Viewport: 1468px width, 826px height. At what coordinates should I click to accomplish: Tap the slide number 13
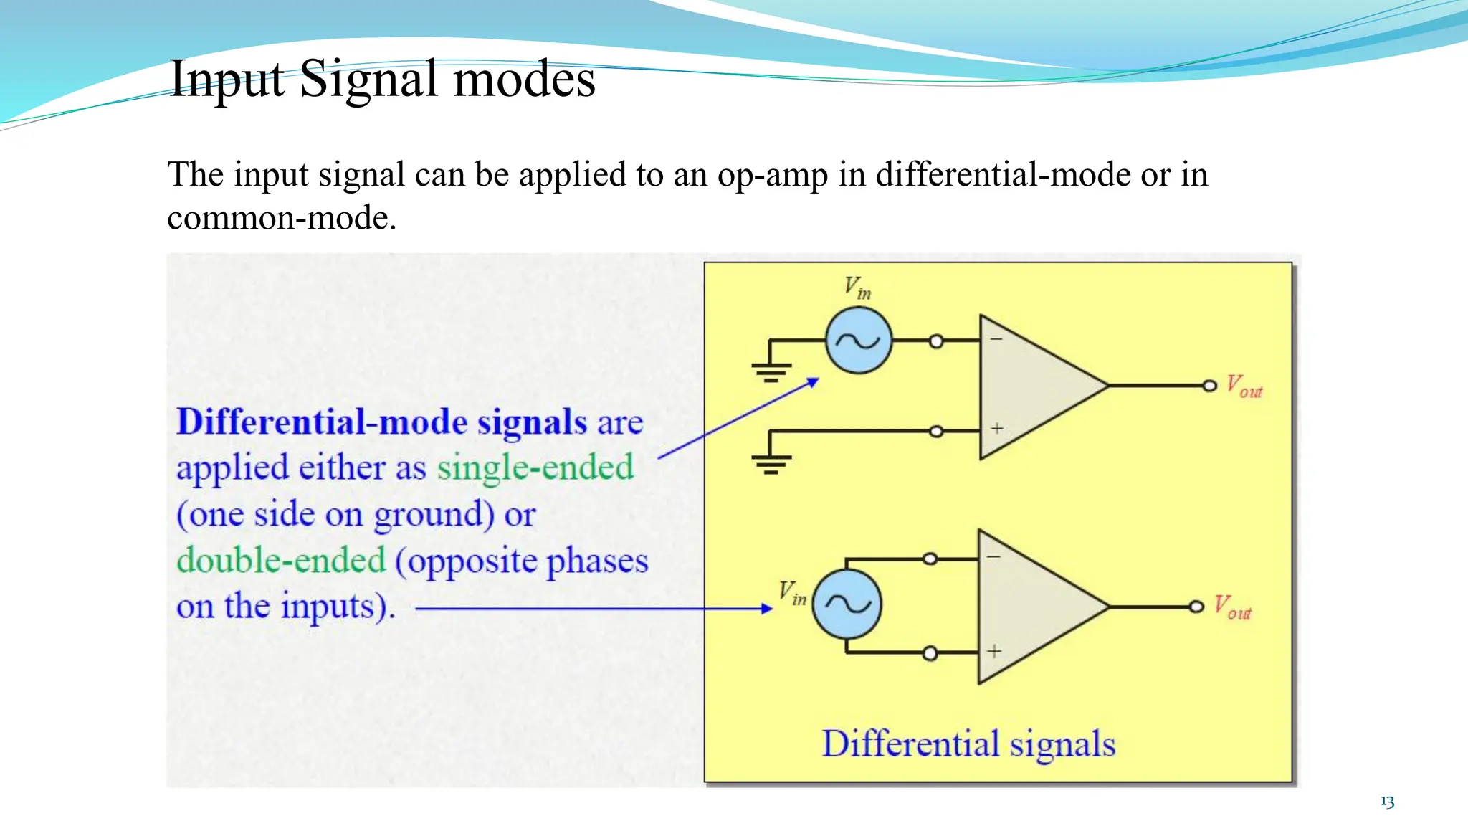click(x=1387, y=802)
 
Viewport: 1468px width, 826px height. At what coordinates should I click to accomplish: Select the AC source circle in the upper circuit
click(x=858, y=341)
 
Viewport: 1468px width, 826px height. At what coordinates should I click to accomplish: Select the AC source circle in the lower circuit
click(x=847, y=604)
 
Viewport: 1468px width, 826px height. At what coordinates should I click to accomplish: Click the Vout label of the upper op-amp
click(x=1244, y=387)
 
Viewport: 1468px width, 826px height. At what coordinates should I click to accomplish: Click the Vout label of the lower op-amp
click(x=1232, y=608)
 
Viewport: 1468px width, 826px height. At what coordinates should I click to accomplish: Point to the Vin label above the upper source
click(x=857, y=288)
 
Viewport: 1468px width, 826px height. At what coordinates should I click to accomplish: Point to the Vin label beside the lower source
click(x=793, y=594)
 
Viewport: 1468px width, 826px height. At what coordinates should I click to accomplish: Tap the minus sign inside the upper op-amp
click(x=996, y=338)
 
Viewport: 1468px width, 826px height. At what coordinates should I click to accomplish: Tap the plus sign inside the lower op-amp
click(x=994, y=651)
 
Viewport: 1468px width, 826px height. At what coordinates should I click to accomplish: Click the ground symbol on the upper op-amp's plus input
click(x=771, y=463)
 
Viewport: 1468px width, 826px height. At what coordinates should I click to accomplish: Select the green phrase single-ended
click(x=535, y=467)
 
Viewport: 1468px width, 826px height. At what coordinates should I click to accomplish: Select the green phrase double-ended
click(x=281, y=560)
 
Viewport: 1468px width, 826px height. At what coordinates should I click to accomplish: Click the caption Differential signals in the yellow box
click(x=968, y=744)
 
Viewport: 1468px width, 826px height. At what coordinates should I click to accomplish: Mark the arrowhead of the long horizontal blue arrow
click(x=767, y=609)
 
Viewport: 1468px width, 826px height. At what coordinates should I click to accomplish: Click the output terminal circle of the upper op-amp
click(x=1210, y=386)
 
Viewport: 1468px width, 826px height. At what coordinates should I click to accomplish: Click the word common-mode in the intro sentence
click(x=280, y=218)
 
